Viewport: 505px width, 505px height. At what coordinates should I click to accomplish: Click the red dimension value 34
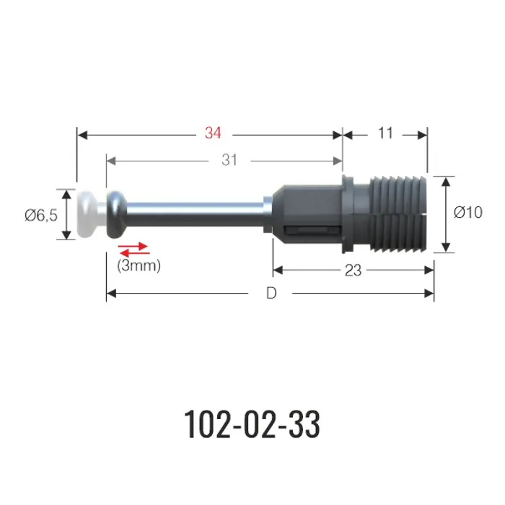tap(213, 133)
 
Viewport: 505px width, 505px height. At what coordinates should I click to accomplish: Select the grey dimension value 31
tap(229, 160)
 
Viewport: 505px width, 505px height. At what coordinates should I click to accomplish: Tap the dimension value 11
tap(385, 133)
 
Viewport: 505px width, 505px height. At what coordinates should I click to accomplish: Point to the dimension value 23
tap(353, 271)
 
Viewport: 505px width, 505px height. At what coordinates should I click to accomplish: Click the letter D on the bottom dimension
tap(271, 294)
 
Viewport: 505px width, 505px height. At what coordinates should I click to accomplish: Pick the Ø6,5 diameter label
tap(41, 215)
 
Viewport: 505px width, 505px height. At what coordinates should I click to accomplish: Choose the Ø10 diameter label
tap(468, 212)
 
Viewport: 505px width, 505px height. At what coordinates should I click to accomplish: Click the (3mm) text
tap(139, 266)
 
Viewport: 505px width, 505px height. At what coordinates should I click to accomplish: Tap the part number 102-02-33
tap(252, 424)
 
